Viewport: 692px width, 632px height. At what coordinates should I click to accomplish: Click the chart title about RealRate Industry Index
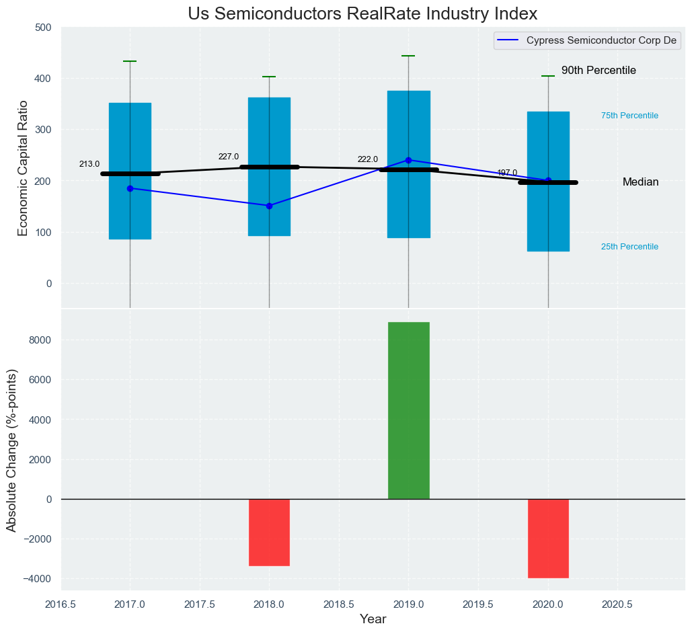[362, 14]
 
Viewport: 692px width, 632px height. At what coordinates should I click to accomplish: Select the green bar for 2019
[408, 410]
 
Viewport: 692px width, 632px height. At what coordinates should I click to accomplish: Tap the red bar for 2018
[269, 532]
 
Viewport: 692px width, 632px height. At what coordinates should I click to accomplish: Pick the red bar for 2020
[548, 538]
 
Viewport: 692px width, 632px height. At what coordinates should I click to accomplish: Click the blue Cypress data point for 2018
[269, 206]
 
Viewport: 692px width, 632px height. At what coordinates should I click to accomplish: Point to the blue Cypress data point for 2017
[130, 188]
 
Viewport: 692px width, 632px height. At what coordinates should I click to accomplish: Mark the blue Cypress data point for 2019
[408, 160]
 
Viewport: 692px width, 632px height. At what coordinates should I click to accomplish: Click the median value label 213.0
[89, 164]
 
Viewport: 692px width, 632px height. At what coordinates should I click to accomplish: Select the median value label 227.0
[228, 157]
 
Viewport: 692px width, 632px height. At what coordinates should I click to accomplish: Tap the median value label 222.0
[367, 159]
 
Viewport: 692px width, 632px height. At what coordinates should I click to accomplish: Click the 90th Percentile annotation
[599, 71]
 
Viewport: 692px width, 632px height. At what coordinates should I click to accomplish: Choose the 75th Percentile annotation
[629, 116]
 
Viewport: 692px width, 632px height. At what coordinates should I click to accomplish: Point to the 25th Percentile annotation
[629, 247]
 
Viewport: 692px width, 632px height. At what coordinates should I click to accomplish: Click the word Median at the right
[640, 182]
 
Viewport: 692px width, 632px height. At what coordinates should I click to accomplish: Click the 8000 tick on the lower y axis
[40, 340]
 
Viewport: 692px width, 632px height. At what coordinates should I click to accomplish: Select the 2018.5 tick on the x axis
[339, 604]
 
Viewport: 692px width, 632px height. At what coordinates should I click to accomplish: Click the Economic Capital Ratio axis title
[23, 168]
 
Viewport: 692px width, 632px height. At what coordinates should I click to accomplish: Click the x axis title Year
[373, 619]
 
